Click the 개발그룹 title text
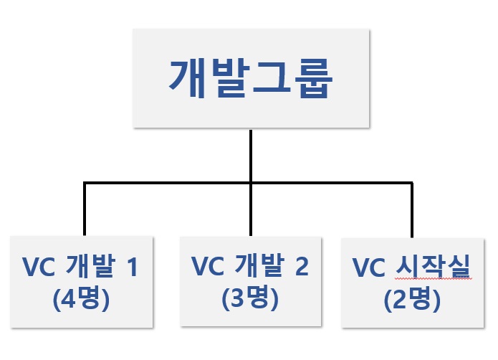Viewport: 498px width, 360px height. [250, 79]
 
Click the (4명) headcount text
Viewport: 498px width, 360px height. [81, 298]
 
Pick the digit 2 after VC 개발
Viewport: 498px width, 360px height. [301, 267]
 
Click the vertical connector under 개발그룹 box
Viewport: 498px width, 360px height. [250, 154]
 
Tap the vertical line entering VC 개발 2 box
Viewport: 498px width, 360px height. [250, 215]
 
